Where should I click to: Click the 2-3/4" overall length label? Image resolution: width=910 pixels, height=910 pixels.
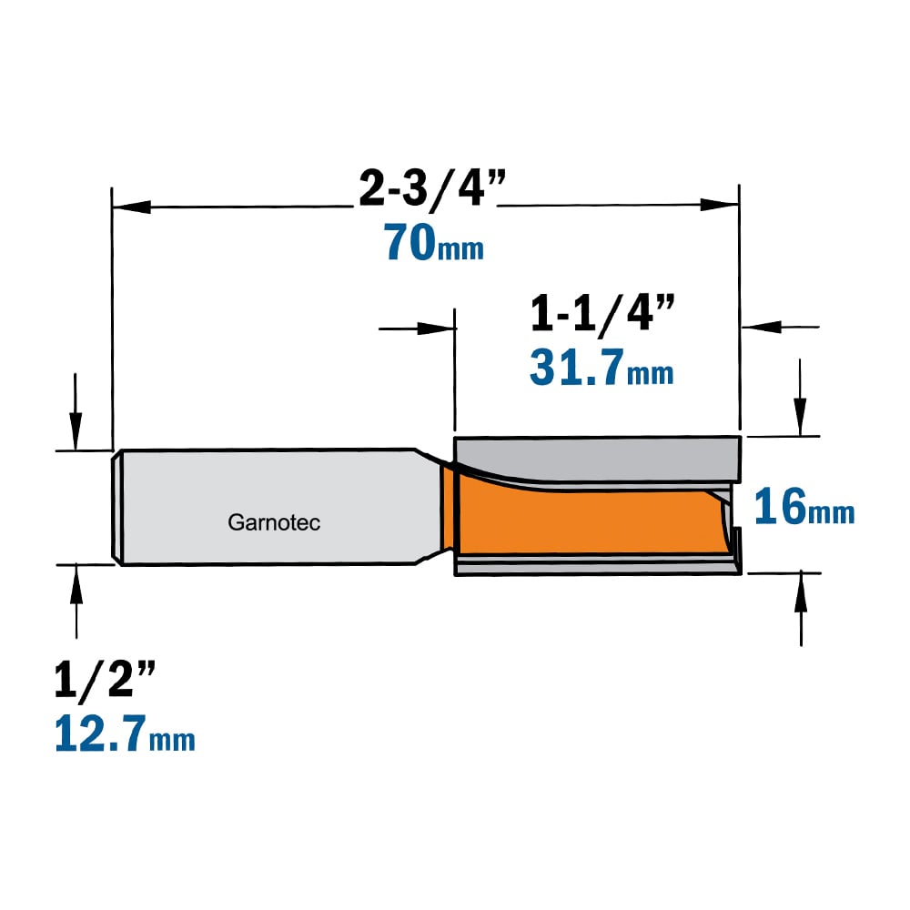(x=432, y=188)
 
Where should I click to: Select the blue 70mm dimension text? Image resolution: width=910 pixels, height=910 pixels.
(x=433, y=243)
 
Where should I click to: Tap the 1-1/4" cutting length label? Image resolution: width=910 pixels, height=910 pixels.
(x=603, y=313)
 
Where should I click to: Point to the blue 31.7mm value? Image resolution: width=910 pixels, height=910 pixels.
(x=602, y=368)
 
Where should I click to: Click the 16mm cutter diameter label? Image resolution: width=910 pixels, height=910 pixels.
(x=804, y=507)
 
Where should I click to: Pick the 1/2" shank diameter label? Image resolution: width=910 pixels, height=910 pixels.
(x=105, y=679)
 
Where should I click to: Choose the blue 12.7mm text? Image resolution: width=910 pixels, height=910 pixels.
(x=125, y=733)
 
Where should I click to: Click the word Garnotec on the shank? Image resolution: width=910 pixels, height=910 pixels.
(x=274, y=522)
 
